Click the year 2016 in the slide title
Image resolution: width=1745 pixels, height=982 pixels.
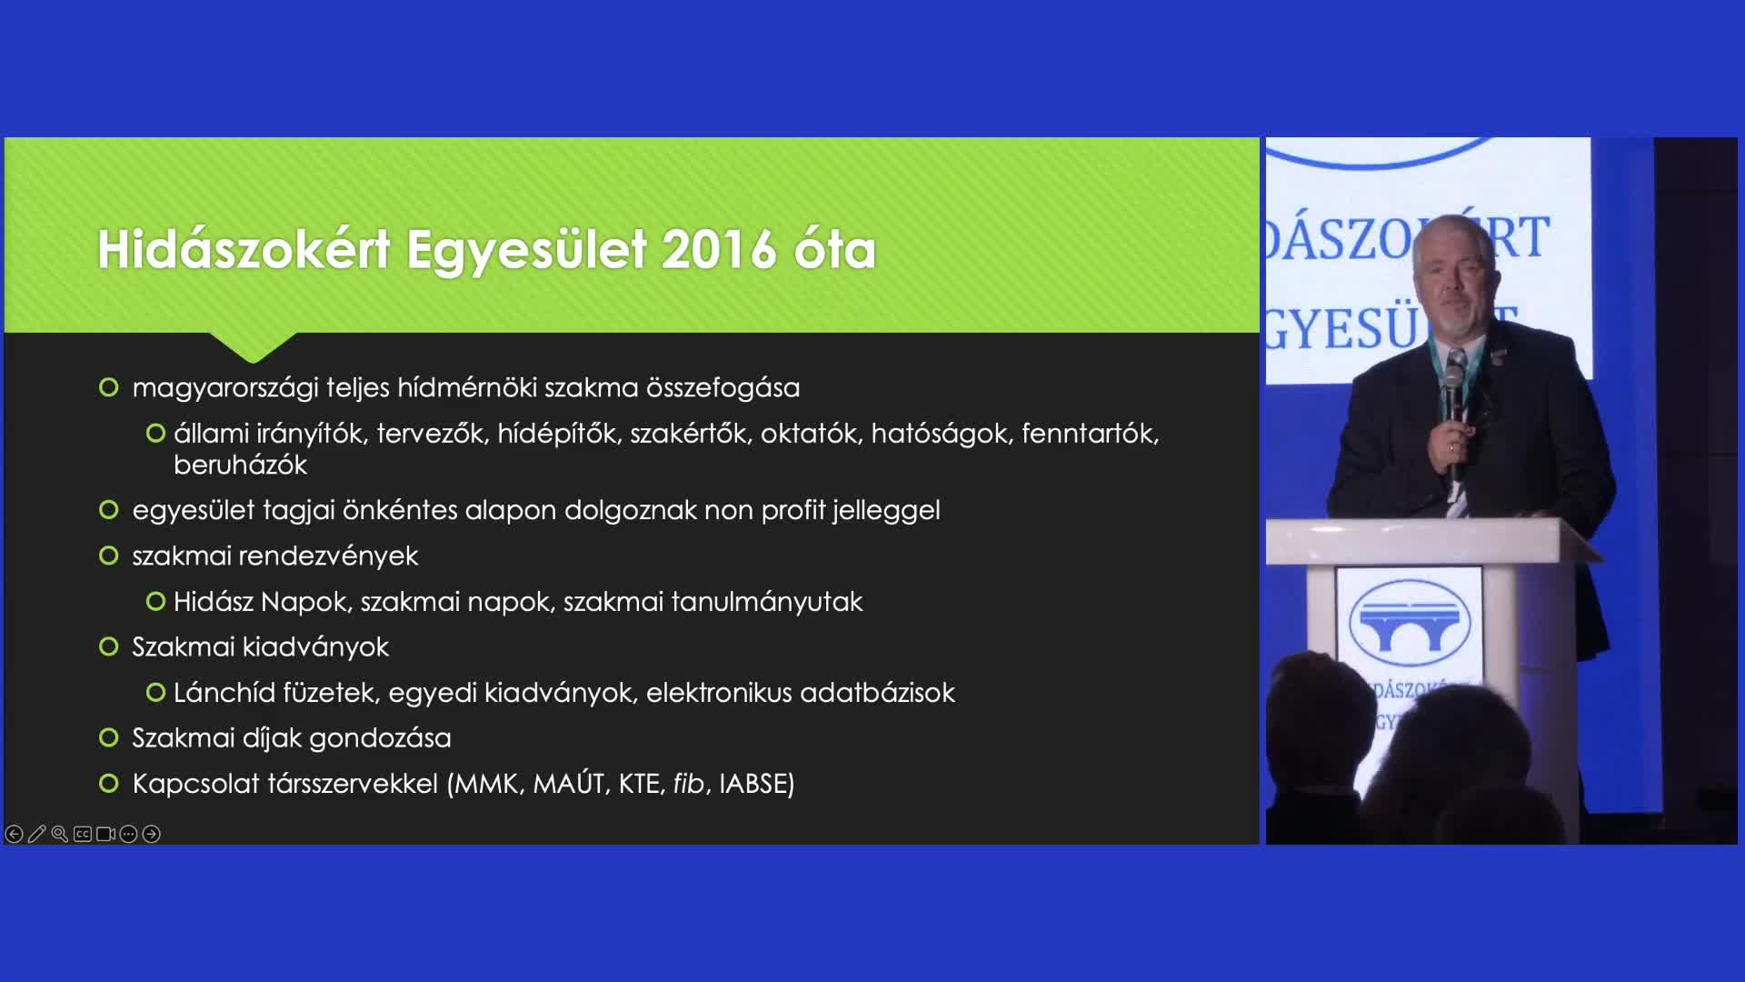coord(719,249)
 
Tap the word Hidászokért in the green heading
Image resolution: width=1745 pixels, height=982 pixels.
coord(244,249)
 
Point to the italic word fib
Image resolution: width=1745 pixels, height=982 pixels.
coord(688,783)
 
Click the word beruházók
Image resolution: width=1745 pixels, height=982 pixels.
coord(240,465)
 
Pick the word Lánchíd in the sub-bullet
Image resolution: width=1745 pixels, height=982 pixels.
coord(224,692)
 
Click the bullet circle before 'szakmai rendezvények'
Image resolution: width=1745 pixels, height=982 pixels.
coord(109,556)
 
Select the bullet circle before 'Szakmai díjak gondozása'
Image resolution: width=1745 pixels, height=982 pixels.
coord(109,737)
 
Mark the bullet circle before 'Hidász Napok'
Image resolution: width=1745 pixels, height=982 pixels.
coord(155,601)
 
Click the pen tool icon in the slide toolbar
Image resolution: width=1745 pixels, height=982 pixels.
coord(36,834)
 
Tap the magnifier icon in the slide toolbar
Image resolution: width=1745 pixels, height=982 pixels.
coord(60,834)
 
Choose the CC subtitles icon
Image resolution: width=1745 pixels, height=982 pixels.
coord(83,834)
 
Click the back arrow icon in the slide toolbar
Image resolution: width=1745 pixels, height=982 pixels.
coord(14,834)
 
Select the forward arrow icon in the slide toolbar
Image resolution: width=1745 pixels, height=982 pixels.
coord(152,834)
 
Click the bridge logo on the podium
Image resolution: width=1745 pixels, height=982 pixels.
coord(1410,621)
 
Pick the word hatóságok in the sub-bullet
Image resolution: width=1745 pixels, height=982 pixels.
coord(940,433)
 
